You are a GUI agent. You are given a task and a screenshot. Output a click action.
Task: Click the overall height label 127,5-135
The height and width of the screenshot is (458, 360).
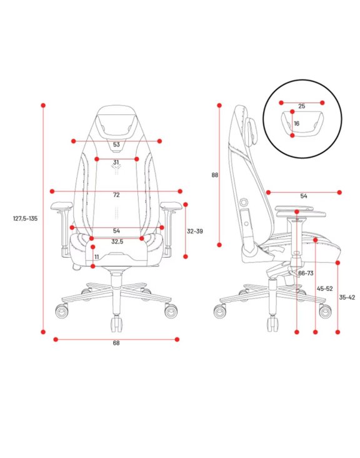26,218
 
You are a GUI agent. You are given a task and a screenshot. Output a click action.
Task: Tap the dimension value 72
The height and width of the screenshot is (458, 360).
116,195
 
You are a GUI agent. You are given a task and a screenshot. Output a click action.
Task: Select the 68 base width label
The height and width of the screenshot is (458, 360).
116,343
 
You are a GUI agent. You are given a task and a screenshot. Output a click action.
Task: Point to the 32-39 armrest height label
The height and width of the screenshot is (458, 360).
194,231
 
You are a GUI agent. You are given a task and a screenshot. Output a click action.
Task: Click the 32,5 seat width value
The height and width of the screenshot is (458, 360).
117,242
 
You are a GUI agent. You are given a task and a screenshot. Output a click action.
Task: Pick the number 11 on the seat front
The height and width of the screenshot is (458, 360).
97,257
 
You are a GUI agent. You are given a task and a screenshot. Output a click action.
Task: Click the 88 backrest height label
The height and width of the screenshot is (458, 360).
215,175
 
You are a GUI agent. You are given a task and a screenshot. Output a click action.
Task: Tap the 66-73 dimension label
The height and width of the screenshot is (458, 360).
306,273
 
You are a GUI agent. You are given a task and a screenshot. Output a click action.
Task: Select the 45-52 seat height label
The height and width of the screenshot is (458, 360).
325,288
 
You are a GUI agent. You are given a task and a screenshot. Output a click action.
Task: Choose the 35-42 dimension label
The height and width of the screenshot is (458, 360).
347,297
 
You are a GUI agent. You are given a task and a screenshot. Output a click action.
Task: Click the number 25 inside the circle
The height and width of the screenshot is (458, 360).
302,106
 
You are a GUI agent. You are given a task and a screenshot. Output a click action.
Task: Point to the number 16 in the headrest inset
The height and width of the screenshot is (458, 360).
296,123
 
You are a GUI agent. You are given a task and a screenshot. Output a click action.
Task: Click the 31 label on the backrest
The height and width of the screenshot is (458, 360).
116,163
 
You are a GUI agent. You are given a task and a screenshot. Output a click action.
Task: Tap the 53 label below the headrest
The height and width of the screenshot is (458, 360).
116,145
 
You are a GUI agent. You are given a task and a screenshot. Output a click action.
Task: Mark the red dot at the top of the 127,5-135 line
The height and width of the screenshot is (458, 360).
43,105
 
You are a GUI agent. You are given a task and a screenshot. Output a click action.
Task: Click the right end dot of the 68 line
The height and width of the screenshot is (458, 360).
177,339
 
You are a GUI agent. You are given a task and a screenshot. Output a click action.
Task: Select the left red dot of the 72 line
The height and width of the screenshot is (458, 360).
52,191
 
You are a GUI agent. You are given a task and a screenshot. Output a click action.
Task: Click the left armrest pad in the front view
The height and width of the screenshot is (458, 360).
61,206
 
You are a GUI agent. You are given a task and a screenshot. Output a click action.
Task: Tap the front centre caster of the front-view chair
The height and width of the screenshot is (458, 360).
116,323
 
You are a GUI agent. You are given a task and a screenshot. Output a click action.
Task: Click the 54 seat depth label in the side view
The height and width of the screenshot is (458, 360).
304,196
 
